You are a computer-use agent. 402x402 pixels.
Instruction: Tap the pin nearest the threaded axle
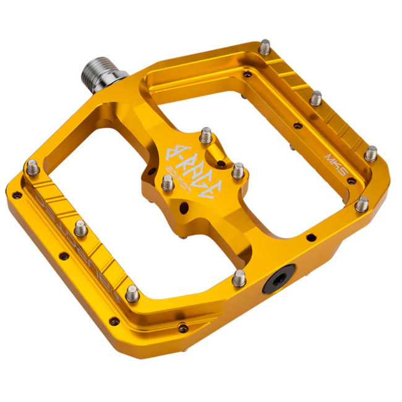point(265,46)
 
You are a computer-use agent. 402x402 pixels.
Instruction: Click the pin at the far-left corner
point(32,167)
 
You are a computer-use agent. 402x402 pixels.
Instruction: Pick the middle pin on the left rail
point(80,228)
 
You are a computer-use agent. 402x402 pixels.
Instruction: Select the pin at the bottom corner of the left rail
point(132,293)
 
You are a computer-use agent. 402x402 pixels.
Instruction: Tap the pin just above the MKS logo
point(370,153)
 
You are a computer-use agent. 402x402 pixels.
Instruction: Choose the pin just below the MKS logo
point(362,203)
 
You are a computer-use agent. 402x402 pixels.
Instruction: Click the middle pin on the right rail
point(316,97)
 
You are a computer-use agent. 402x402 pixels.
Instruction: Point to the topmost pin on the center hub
point(206,135)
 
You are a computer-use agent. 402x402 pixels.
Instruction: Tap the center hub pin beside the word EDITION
point(167,182)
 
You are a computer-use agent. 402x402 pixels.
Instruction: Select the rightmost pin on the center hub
point(238,170)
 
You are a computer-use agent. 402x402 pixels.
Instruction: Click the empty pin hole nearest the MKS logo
point(351,181)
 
